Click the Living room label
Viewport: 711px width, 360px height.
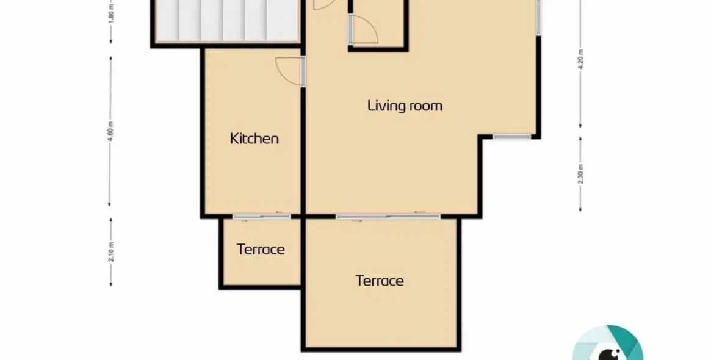pyautogui.click(x=405, y=106)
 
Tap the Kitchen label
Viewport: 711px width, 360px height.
pyautogui.click(x=254, y=139)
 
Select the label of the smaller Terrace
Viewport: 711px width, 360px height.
pyautogui.click(x=261, y=250)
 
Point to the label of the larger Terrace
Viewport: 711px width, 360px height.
pyautogui.click(x=380, y=281)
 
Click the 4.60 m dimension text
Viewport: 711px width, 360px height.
pyautogui.click(x=110, y=131)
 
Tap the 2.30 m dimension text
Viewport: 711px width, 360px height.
pyautogui.click(x=581, y=174)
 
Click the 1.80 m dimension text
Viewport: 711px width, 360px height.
pyautogui.click(x=112, y=12)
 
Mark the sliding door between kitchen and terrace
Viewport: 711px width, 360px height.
pyautogui.click(x=262, y=216)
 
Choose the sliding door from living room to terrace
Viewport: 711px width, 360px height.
pyautogui.click(x=388, y=216)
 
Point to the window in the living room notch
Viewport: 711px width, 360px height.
pyautogui.click(x=512, y=136)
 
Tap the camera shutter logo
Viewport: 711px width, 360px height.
pyautogui.click(x=608, y=344)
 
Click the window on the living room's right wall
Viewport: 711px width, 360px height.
pyautogui.click(x=538, y=17)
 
